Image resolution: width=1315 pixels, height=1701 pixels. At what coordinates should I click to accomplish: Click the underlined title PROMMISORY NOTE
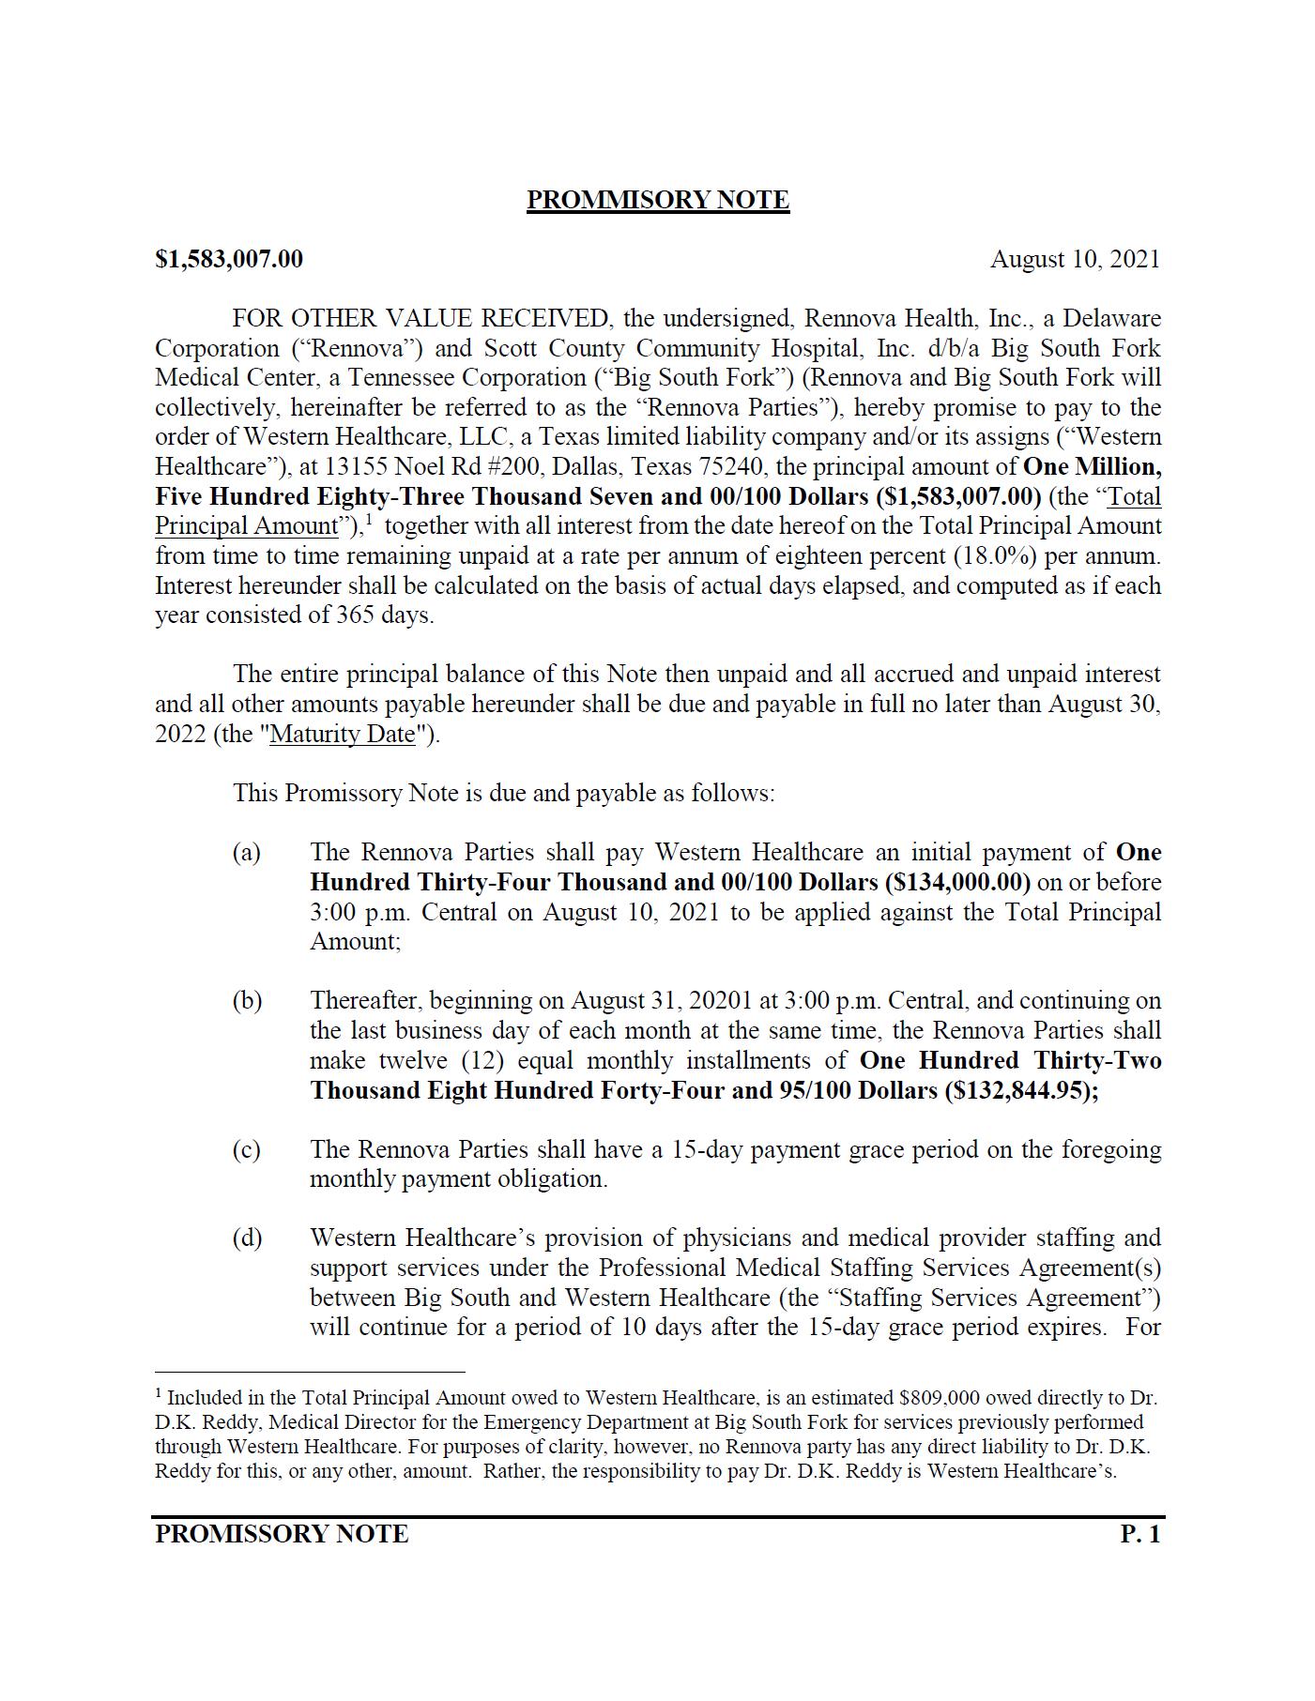point(657,200)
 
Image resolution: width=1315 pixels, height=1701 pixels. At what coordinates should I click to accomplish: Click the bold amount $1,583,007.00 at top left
point(229,259)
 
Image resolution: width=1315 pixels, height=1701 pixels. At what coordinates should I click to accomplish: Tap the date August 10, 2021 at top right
point(1075,259)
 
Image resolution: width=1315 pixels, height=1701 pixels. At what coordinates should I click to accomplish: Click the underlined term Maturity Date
point(343,734)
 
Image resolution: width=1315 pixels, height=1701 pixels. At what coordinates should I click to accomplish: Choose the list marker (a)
point(247,853)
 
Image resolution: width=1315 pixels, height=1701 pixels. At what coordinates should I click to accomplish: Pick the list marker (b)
point(247,1001)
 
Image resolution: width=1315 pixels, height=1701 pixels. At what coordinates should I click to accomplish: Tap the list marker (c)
point(247,1150)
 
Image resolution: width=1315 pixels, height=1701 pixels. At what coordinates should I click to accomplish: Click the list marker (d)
point(247,1238)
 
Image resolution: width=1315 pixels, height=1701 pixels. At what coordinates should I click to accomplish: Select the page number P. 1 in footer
point(1140,1534)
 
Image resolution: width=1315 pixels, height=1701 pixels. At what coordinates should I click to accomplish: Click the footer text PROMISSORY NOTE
point(282,1534)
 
